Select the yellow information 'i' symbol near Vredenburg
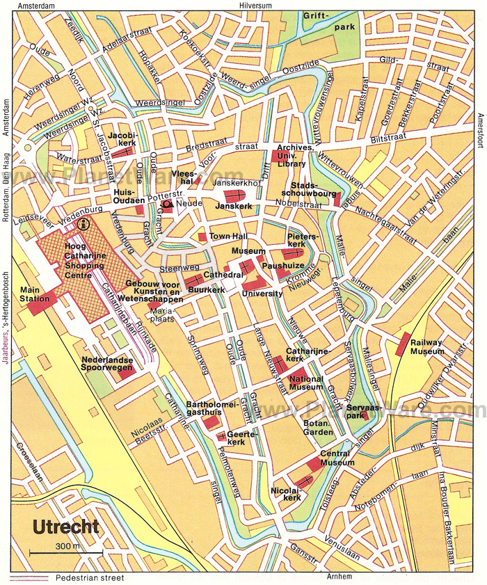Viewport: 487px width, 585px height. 84,223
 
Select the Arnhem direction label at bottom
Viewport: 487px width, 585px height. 339,577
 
